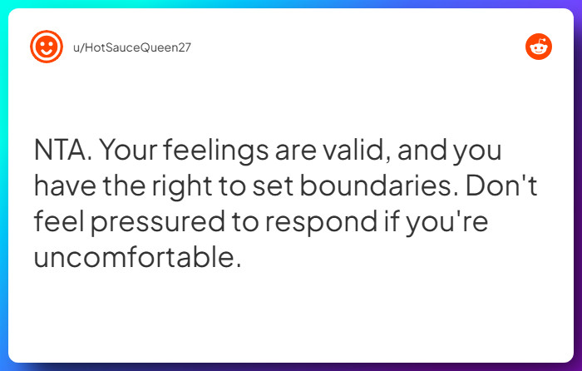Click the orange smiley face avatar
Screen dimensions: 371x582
[x=47, y=47]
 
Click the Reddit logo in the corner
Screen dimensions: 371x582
[x=539, y=47]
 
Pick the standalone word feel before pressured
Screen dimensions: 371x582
[x=61, y=223]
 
